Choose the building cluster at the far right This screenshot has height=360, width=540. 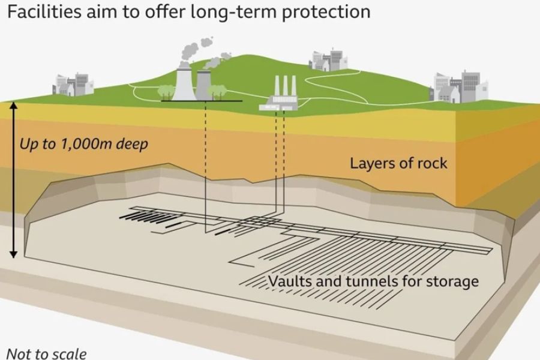[x=453, y=87]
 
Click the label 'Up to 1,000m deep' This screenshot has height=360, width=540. [x=83, y=144]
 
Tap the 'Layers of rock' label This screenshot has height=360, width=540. [x=398, y=163]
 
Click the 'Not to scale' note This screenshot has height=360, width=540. [x=46, y=353]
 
